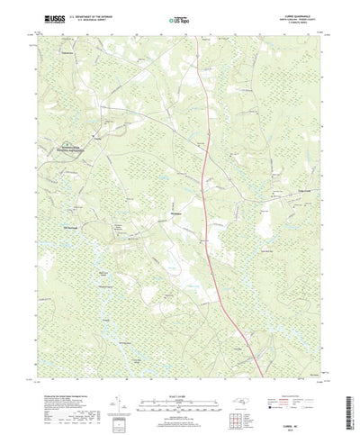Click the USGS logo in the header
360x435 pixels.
pyautogui.click(x=45, y=17)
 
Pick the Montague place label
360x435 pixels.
pyautogui.click(x=177, y=212)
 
